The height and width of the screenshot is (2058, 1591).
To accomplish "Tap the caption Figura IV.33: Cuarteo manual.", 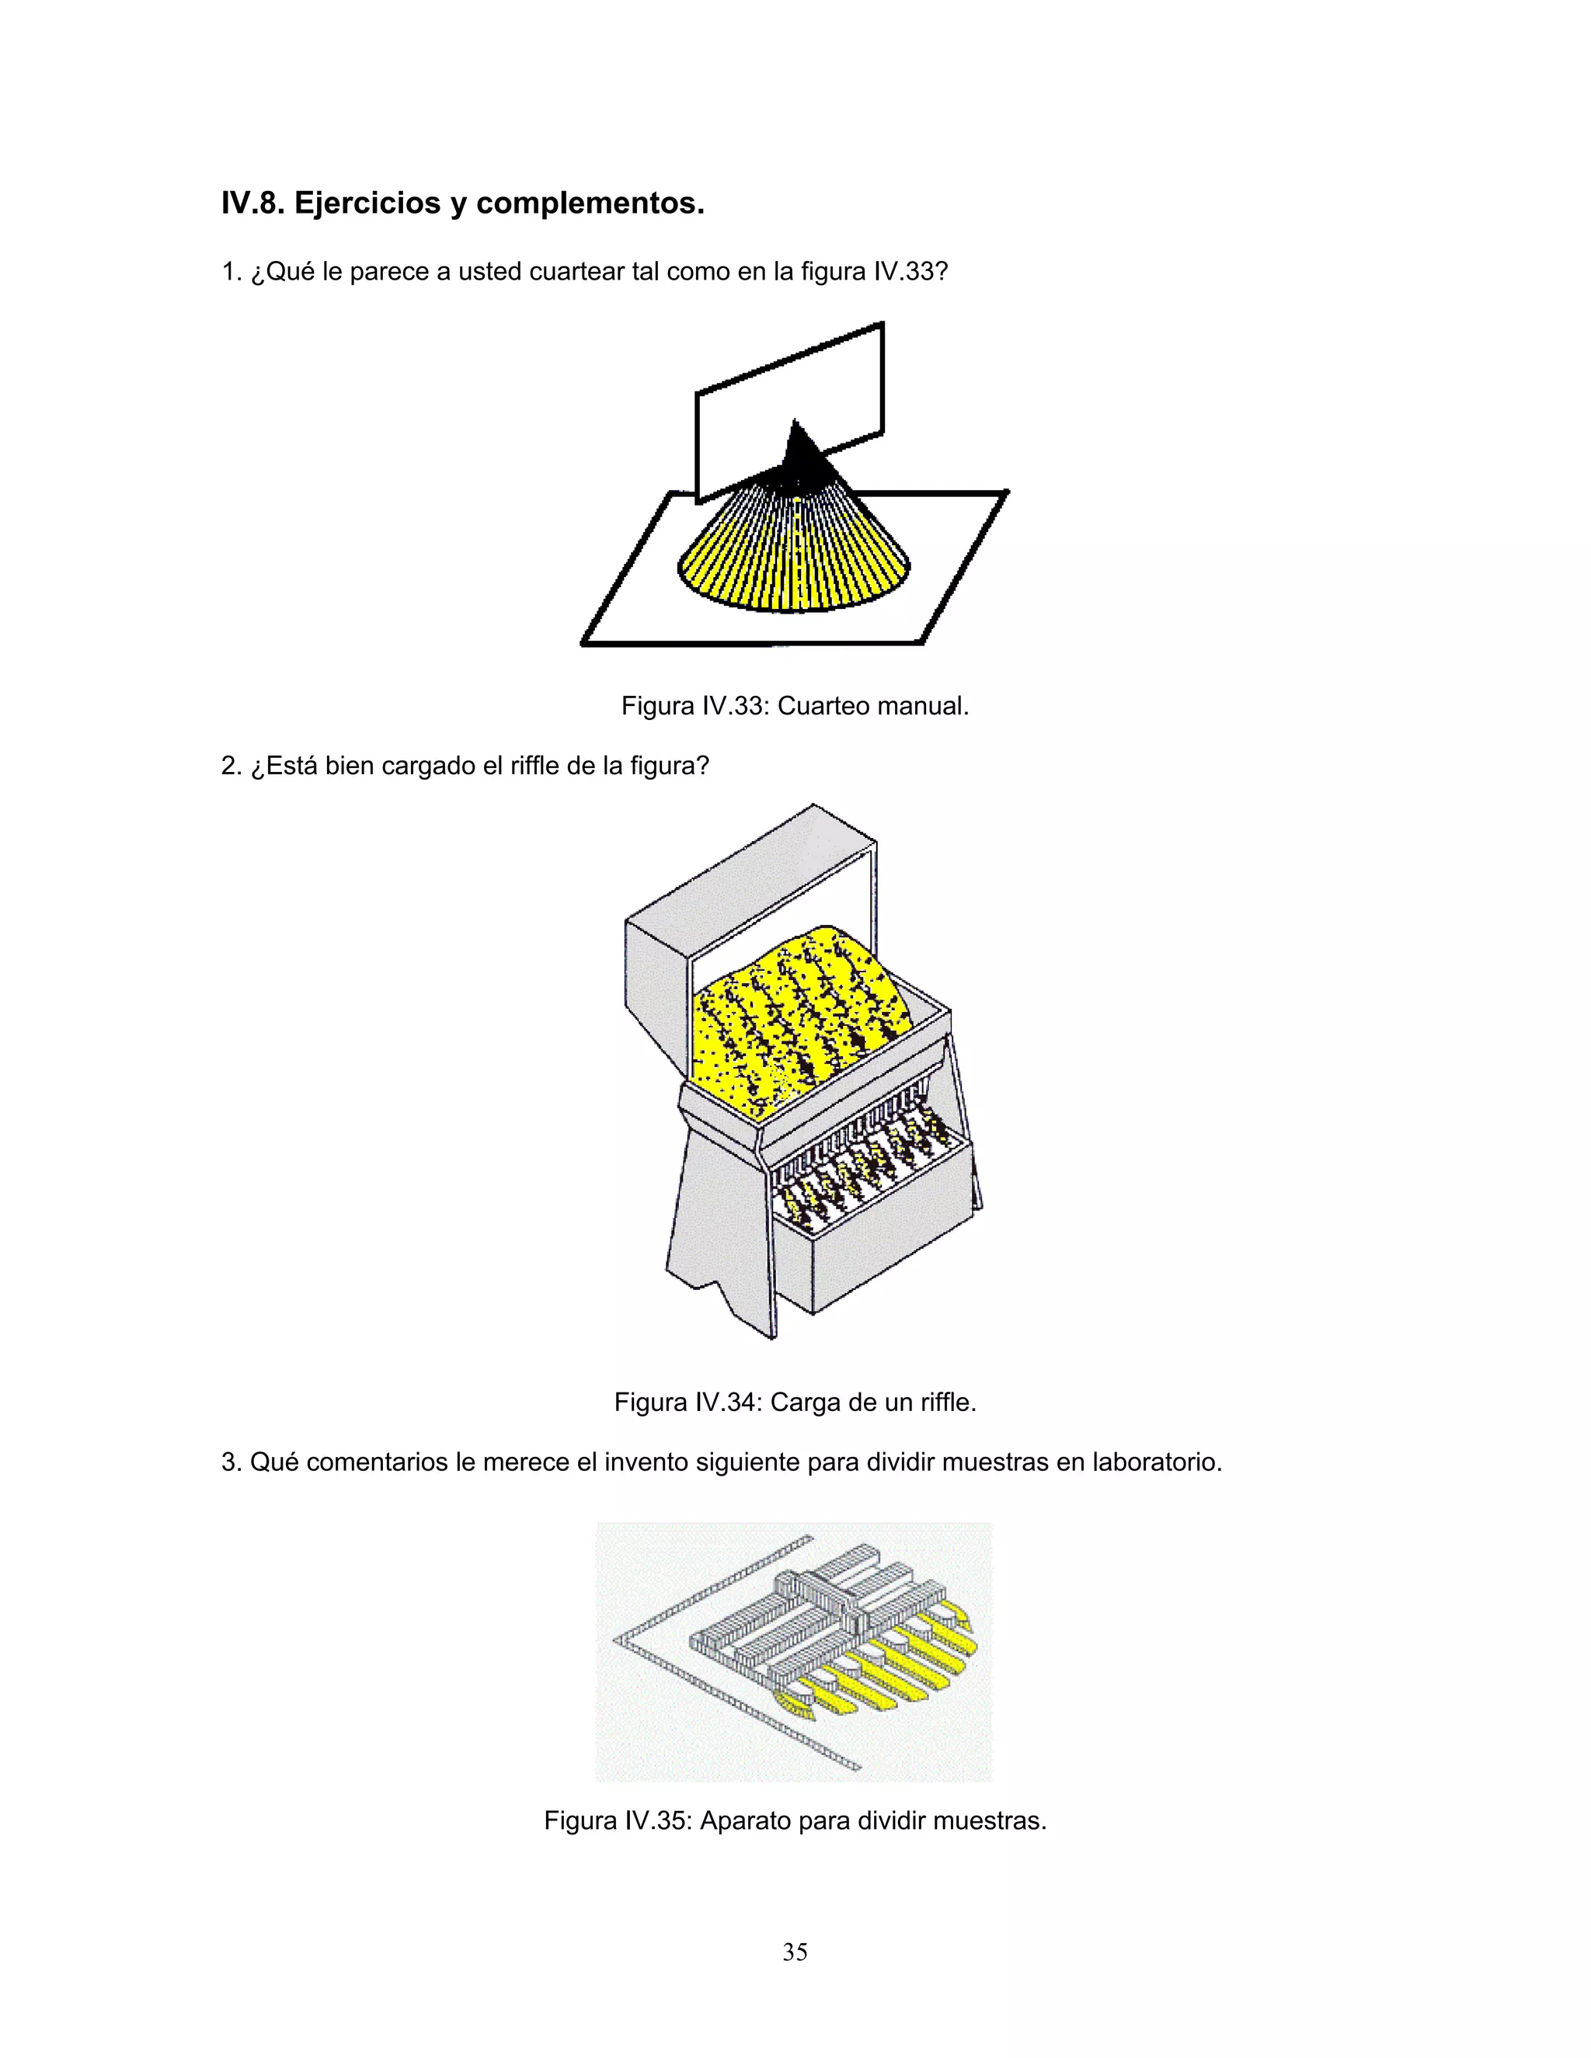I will pos(795,706).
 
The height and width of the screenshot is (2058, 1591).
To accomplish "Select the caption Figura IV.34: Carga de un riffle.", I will pos(795,1402).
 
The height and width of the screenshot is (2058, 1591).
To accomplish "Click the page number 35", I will pos(795,1952).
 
